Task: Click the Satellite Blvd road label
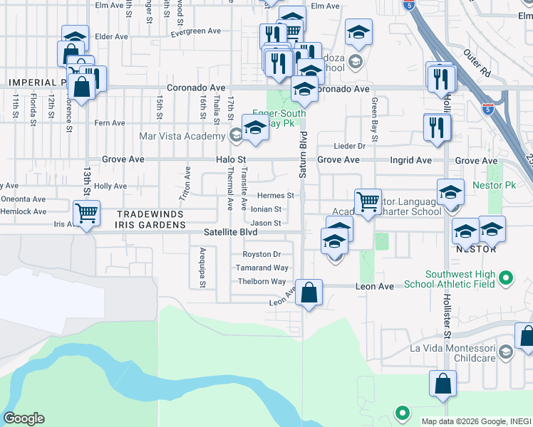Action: (230, 232)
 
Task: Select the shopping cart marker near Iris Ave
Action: (86, 212)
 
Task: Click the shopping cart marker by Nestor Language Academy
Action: (368, 201)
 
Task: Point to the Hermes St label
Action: (275, 196)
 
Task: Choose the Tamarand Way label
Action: (263, 268)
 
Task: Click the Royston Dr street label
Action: (262, 254)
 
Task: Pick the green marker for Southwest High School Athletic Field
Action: (506, 278)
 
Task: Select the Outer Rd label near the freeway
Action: (477, 63)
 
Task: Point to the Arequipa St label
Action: (202, 267)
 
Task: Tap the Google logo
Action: (24, 418)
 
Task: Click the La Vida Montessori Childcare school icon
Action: (505, 350)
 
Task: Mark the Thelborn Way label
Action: (262, 281)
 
